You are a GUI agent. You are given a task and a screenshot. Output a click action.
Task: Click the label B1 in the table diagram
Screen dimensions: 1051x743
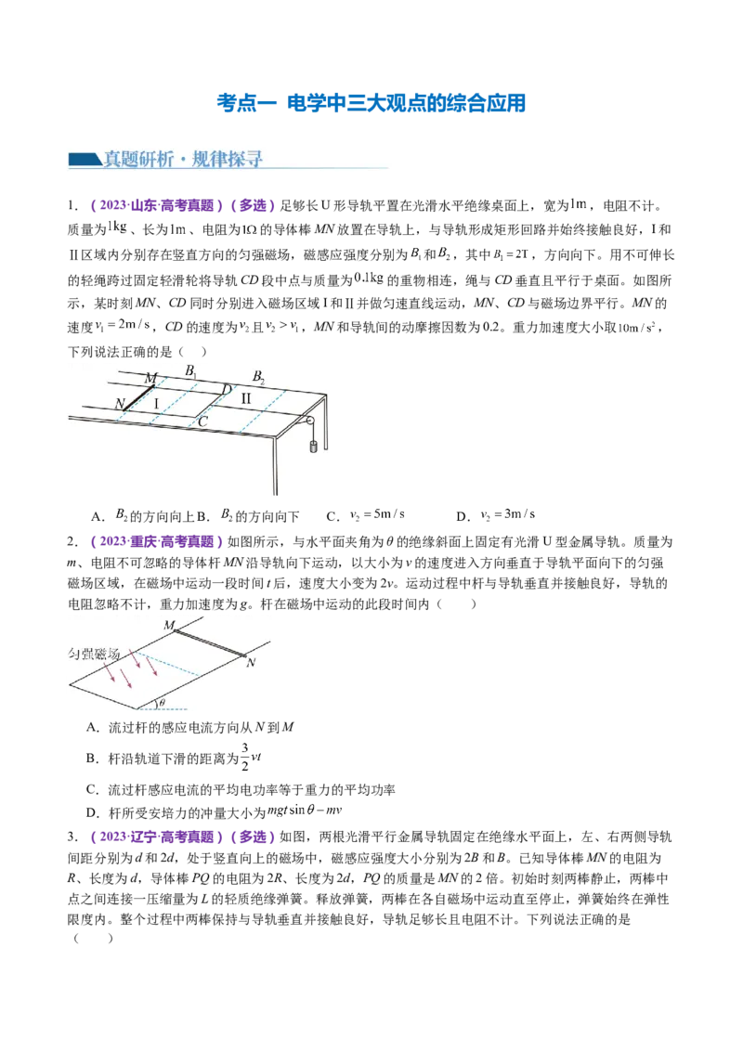point(190,371)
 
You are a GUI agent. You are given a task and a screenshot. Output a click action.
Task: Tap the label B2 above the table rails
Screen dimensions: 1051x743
point(259,377)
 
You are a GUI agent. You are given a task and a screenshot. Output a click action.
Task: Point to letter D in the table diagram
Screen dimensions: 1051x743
point(227,389)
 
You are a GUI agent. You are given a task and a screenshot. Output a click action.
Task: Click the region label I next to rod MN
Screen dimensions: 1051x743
point(157,402)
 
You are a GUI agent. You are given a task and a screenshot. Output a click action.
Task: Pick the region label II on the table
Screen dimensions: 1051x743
point(246,398)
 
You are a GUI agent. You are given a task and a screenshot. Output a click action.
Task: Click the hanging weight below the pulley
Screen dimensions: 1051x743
point(313,447)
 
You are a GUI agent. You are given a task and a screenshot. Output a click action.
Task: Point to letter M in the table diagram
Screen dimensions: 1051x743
point(150,377)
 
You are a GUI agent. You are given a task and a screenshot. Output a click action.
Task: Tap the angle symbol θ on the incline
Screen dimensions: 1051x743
point(162,703)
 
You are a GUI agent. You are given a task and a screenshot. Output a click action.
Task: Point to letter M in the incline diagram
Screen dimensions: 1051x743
point(169,625)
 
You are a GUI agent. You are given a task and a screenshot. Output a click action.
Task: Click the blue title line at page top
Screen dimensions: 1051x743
point(371,102)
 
